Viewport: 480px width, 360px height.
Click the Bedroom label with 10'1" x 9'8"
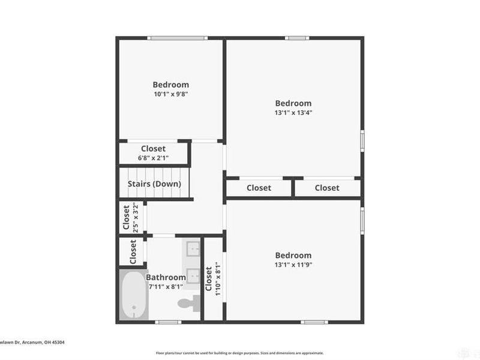tap(170, 85)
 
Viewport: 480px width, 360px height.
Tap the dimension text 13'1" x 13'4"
tap(293, 113)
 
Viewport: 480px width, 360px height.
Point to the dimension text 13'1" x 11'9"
tap(293, 265)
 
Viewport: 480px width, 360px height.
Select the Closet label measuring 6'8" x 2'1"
tap(153, 149)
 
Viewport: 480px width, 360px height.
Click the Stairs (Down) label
tap(154, 184)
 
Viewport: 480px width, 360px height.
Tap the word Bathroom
tap(166, 277)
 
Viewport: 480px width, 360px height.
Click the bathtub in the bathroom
tap(132, 295)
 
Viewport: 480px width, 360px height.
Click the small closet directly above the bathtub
tap(132, 251)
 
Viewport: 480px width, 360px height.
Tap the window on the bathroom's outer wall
tap(168, 322)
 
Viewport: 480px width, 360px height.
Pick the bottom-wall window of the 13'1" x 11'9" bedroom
tap(315, 322)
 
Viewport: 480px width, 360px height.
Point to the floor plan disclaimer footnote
tap(239, 353)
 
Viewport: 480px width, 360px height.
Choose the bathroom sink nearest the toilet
tap(193, 275)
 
